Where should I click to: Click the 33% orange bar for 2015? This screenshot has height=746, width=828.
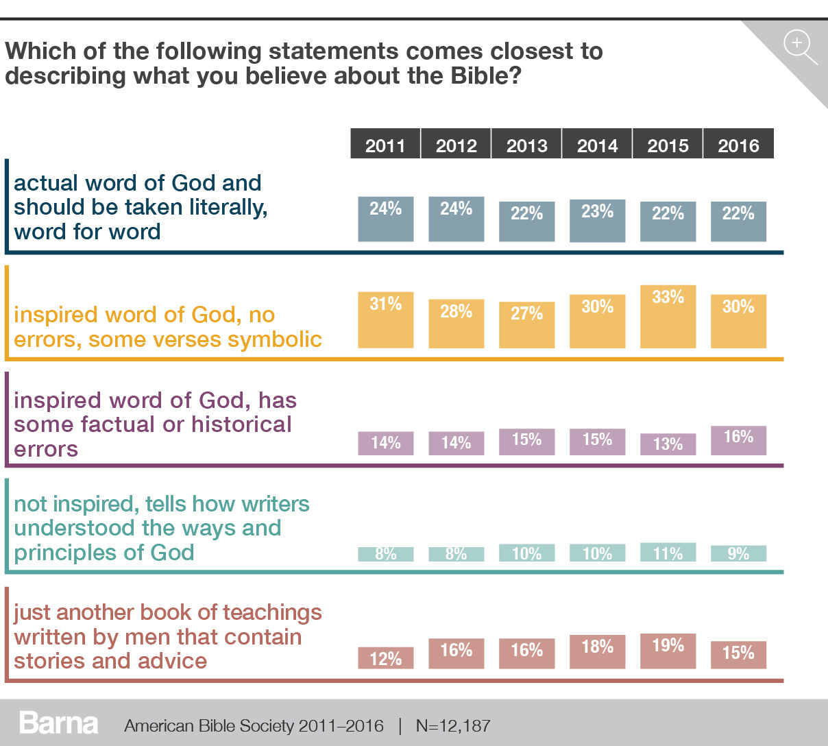668,317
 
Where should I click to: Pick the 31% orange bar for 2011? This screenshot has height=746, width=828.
386,320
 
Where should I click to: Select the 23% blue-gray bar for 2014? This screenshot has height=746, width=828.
597,221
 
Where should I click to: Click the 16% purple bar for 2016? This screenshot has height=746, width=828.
738,440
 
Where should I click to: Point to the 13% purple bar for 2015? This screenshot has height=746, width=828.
668,444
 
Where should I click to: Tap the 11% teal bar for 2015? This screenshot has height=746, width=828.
668,553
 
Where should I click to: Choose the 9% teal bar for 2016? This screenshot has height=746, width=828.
738,554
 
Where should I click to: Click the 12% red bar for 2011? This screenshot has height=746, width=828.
386,658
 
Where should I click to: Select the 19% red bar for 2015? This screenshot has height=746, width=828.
668,651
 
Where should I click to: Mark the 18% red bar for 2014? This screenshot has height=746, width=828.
597,651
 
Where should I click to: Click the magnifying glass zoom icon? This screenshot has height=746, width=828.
799,46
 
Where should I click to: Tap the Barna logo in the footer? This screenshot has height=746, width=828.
59,723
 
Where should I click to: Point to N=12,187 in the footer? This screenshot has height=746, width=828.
453,725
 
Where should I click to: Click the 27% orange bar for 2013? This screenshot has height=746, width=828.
526,325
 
